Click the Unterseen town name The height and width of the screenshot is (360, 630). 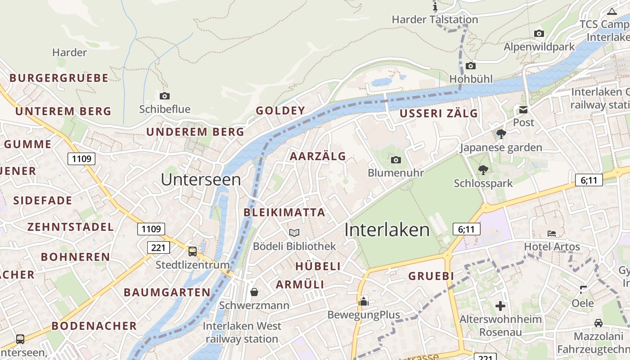(x=201, y=180)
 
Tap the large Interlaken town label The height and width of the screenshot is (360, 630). (x=387, y=230)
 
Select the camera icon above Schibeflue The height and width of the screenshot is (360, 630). (x=165, y=96)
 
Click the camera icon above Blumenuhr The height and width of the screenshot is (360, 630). (x=396, y=160)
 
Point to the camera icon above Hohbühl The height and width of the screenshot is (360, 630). (x=471, y=66)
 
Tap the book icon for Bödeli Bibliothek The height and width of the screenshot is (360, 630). (x=294, y=233)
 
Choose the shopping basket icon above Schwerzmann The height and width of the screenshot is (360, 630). (x=254, y=292)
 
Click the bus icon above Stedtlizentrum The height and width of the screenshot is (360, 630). (x=193, y=252)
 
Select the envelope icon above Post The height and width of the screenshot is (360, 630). (x=523, y=109)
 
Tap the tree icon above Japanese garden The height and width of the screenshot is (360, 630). (x=501, y=134)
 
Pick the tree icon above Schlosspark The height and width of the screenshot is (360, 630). (x=483, y=170)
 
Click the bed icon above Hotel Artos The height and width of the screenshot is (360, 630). (x=552, y=233)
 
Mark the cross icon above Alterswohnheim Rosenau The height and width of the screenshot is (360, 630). (x=500, y=306)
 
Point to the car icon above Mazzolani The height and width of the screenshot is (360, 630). (x=598, y=323)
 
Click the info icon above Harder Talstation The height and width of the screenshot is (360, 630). (x=435, y=6)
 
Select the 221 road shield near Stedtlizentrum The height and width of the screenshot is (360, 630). (x=158, y=247)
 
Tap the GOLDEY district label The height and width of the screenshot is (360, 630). (x=280, y=111)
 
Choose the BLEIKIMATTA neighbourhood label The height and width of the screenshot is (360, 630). (x=284, y=212)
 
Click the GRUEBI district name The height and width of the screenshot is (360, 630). (x=431, y=276)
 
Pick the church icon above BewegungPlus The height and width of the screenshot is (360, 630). (x=363, y=301)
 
